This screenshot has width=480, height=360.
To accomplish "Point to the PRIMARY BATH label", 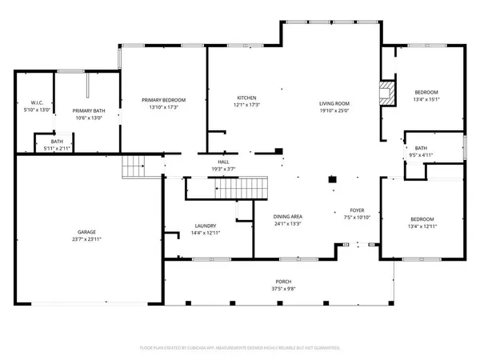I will point(88,110).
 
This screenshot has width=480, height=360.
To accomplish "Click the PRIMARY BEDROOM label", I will point(163,100).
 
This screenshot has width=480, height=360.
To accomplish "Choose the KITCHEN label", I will point(246,98).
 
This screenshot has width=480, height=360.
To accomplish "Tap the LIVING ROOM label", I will point(335,103).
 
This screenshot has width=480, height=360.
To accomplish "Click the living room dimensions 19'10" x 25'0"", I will point(335,110).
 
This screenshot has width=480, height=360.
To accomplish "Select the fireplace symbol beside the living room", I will point(387,91).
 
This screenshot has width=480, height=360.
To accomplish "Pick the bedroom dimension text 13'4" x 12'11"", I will point(422,226).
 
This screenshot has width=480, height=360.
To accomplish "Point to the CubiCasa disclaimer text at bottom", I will point(240,348).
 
